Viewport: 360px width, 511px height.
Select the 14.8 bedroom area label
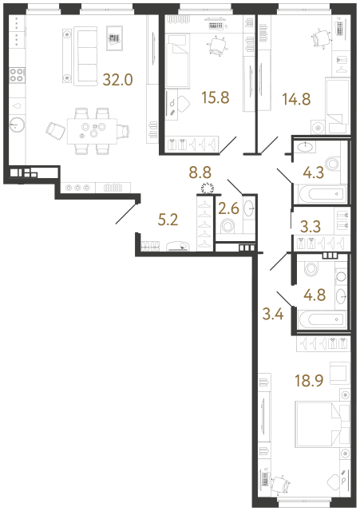(295, 101)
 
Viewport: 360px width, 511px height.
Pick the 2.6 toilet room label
(227, 209)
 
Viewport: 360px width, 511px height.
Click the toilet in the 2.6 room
(230, 227)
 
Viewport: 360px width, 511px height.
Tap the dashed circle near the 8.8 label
(207, 188)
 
